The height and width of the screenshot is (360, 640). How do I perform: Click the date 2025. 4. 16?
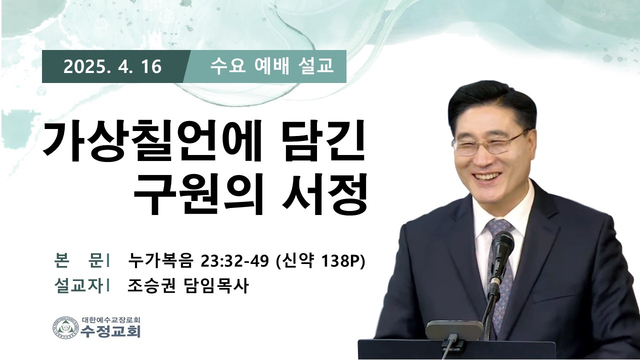coord(112,67)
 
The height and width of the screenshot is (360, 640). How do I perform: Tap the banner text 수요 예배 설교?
coord(271,66)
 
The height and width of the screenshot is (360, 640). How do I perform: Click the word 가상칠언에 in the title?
coord(151,142)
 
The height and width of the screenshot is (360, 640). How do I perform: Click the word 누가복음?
coord(160,260)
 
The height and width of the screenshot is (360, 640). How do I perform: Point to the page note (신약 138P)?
coord(321,261)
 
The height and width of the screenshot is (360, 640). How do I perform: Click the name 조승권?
coord(151,285)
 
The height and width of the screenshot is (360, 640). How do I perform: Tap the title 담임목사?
coord(215,285)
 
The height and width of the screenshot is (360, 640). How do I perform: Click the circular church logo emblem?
coord(65,327)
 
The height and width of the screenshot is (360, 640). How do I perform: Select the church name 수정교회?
coord(111,331)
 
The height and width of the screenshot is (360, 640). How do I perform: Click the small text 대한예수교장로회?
coord(111,319)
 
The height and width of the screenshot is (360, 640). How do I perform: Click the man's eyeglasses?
coord(489,143)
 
